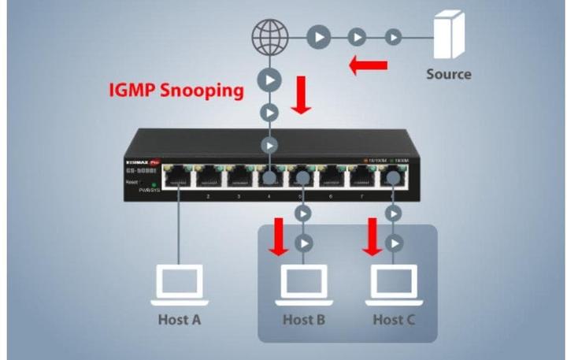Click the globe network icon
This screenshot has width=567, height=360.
click(269, 36)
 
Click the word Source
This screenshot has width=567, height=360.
click(449, 74)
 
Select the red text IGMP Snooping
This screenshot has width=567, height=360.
click(176, 90)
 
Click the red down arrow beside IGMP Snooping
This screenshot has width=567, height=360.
click(301, 94)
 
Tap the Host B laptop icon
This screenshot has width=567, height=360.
click(304, 285)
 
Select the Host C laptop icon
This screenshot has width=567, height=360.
click(394, 285)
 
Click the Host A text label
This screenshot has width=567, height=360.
click(179, 320)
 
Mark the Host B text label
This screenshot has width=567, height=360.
click(304, 320)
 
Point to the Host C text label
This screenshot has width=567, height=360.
click(394, 320)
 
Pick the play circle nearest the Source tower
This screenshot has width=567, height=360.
click(393, 36)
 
